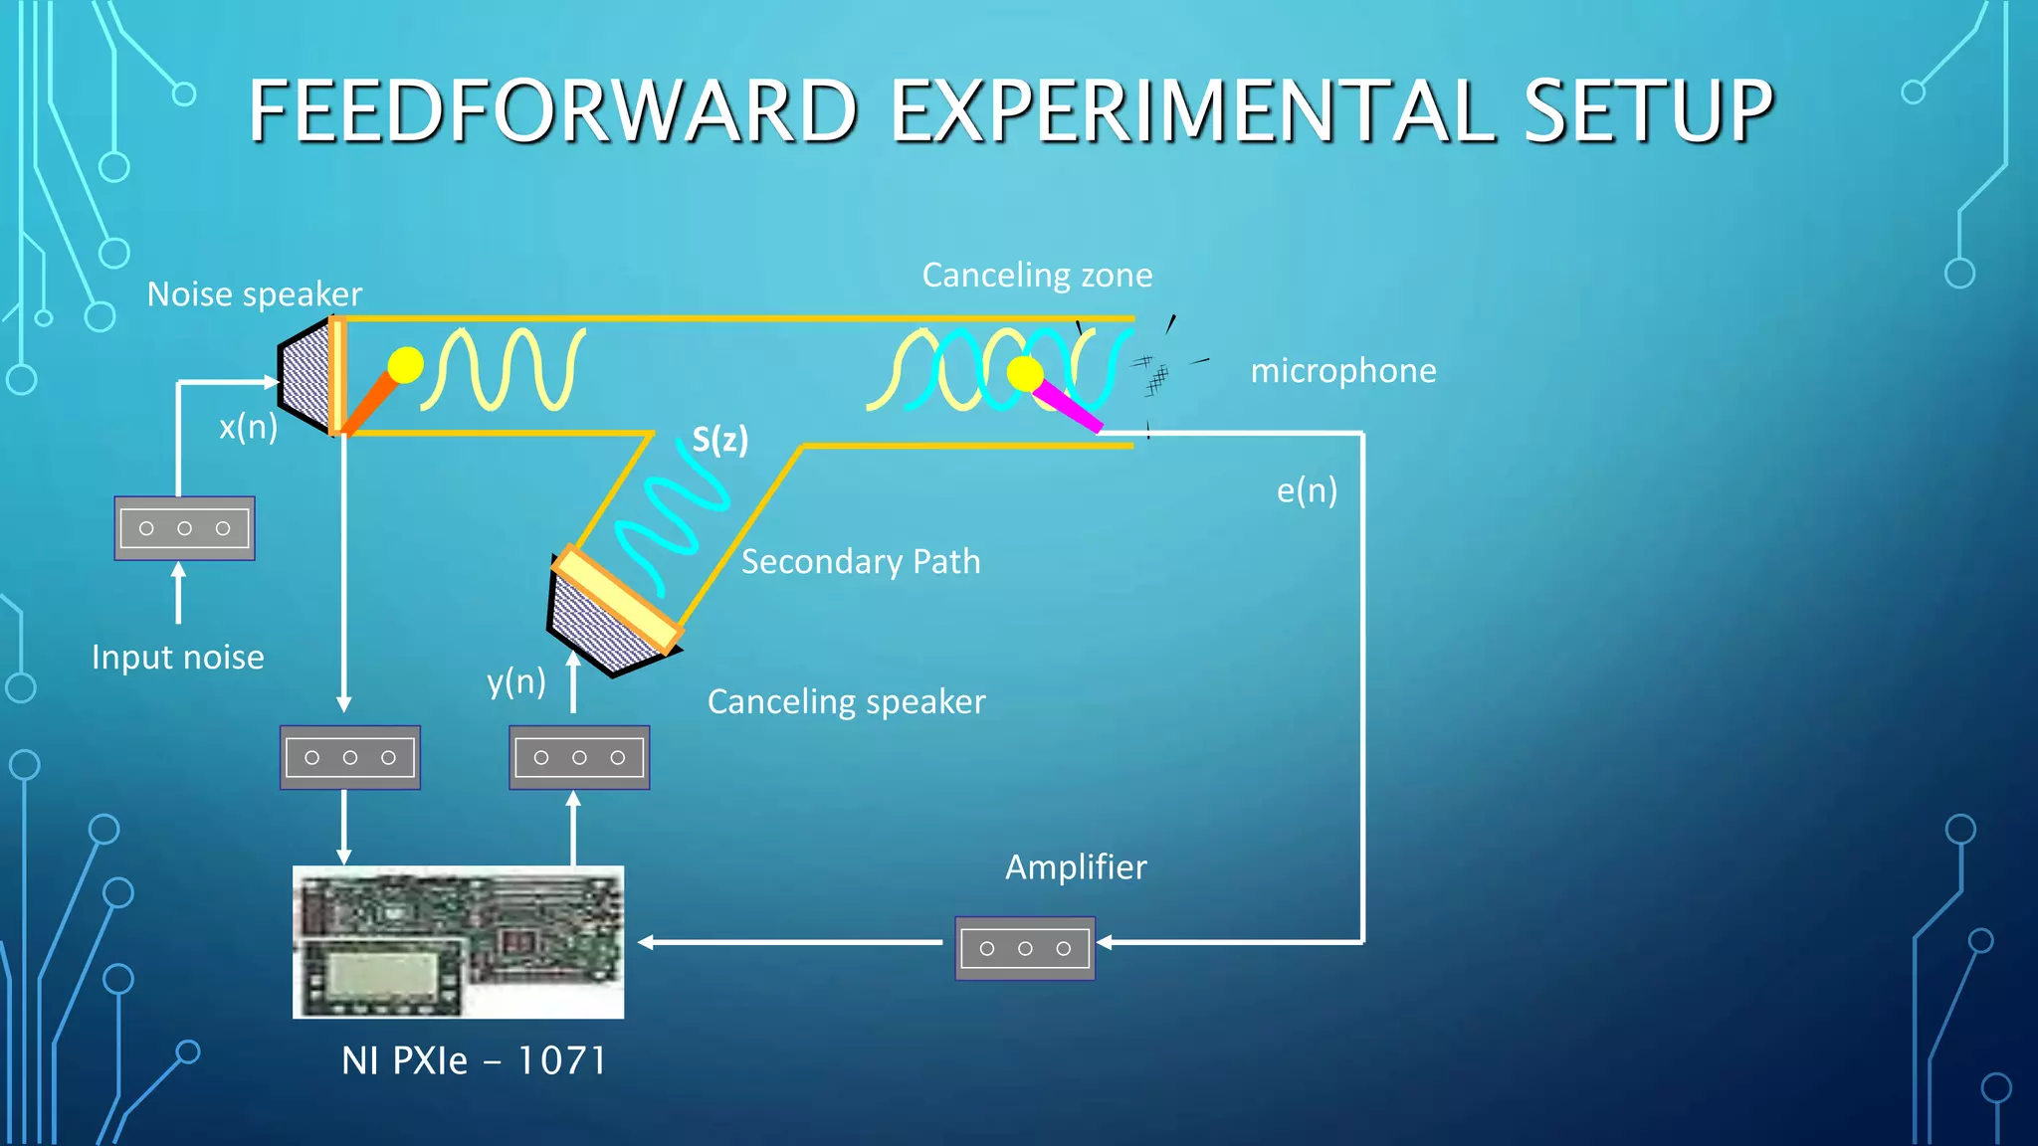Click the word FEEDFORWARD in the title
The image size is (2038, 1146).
click(x=552, y=111)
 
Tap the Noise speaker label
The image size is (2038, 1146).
click(x=254, y=294)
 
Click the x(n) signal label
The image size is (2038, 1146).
click(x=248, y=427)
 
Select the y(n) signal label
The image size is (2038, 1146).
click(x=515, y=682)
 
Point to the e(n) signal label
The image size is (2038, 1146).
click(x=1307, y=490)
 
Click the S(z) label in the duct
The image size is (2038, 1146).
click(x=719, y=439)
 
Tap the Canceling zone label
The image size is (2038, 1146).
click(x=1037, y=275)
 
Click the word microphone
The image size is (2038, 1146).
click(x=1342, y=371)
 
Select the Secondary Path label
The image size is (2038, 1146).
click(x=861, y=561)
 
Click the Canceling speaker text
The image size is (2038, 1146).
click(x=846, y=702)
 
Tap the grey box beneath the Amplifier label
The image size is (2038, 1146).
click(x=1024, y=948)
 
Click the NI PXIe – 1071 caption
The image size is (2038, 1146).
click(x=474, y=1060)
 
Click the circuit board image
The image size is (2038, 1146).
click(x=458, y=941)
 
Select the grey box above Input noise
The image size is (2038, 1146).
click(x=184, y=528)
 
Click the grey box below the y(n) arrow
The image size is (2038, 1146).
click(x=579, y=757)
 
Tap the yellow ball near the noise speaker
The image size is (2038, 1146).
click(x=405, y=365)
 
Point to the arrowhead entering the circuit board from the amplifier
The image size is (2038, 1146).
click(x=646, y=942)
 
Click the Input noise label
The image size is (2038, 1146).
click(x=177, y=658)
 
